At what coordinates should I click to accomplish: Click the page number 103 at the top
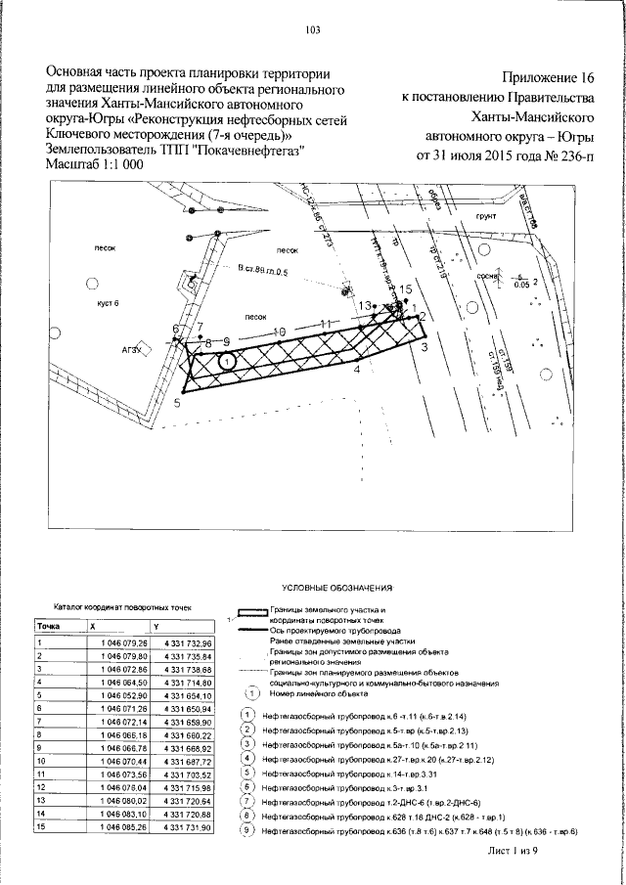(313, 30)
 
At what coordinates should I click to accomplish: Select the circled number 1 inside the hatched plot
(227, 362)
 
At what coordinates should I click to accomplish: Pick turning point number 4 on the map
(357, 371)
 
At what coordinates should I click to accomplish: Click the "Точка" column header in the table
(49, 625)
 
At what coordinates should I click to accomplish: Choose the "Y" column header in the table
(155, 625)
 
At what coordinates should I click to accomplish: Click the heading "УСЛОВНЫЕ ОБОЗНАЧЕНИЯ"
(335, 591)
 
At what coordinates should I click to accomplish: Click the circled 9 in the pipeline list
(248, 830)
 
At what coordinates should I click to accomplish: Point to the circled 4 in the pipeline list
(248, 758)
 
